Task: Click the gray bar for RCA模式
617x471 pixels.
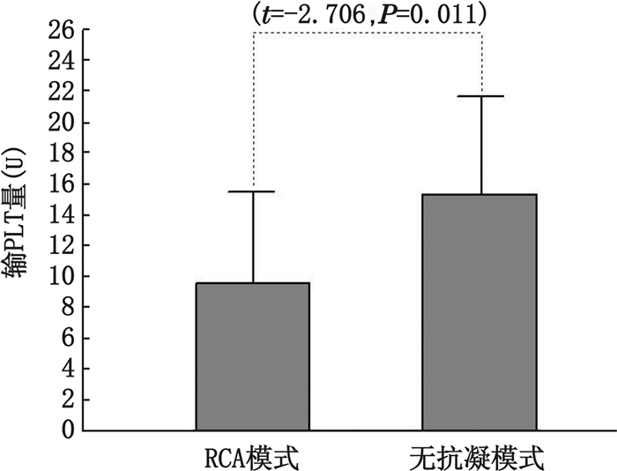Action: pos(252,356)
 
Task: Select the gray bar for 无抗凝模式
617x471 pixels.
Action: pos(479,312)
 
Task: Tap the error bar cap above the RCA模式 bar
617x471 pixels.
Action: pos(252,191)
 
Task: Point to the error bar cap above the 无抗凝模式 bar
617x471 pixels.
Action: pos(480,96)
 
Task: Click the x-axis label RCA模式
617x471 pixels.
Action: pos(252,458)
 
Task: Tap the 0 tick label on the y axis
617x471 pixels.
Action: pos(67,430)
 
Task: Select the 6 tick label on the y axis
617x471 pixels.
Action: pos(67,338)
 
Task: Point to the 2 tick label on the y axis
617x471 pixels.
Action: pos(67,400)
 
